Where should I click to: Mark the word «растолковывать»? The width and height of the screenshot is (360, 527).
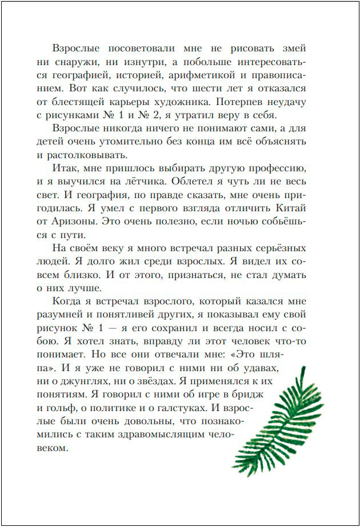click(89, 154)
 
